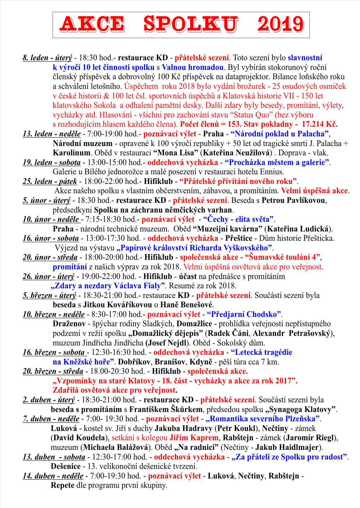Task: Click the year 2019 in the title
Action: (x=280, y=25)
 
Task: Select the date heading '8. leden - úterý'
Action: (x=47, y=58)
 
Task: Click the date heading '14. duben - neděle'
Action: (x=53, y=476)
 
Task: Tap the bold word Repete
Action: (x=62, y=485)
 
